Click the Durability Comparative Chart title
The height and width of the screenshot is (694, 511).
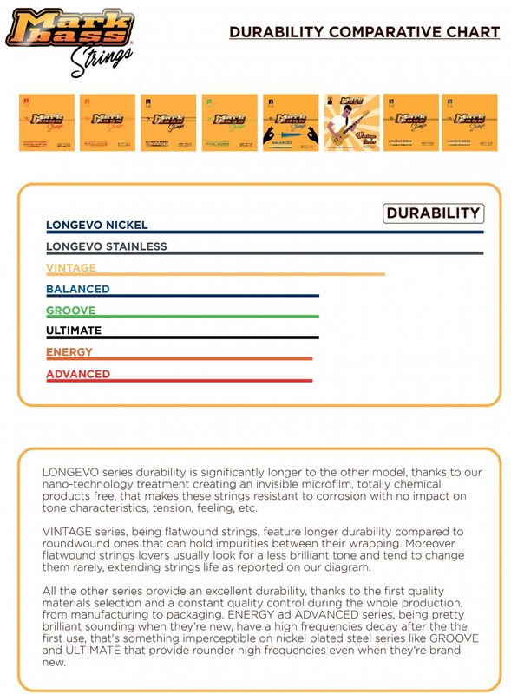364,32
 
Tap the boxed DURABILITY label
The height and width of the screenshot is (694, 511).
432,213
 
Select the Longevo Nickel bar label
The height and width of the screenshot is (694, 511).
96,226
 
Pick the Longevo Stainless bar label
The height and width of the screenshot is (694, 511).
106,246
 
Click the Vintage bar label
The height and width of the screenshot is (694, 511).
71,268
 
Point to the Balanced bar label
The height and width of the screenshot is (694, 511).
78,289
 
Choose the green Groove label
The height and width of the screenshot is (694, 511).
71,311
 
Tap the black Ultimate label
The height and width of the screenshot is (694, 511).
74,331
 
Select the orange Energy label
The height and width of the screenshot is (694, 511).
69,352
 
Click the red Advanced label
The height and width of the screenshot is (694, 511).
78,374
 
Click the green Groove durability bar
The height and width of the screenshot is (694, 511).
182,317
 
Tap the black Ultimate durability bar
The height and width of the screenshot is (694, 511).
182,337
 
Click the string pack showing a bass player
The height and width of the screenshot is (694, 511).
352,122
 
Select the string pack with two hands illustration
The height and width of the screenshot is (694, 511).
292,122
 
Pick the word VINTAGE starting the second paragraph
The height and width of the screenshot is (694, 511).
67,531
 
